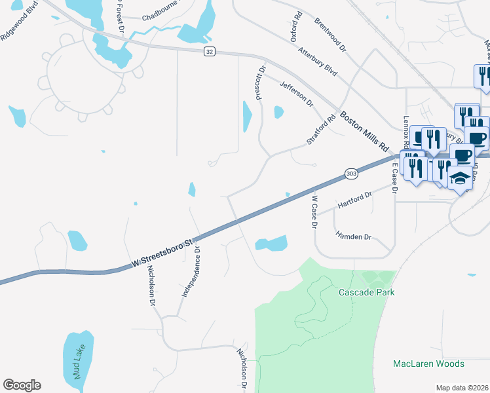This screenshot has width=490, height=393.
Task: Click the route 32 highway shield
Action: click(x=209, y=51)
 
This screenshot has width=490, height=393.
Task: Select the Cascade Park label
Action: click(x=366, y=292)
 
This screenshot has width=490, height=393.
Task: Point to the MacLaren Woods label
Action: click(x=428, y=364)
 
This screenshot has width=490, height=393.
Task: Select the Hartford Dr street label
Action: click(x=354, y=200)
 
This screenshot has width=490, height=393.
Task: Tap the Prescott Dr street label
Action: click(x=261, y=81)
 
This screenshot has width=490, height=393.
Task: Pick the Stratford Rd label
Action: click(x=321, y=129)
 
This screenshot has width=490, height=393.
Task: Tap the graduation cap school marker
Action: click(x=460, y=179)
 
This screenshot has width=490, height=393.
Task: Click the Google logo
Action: click(x=22, y=385)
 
